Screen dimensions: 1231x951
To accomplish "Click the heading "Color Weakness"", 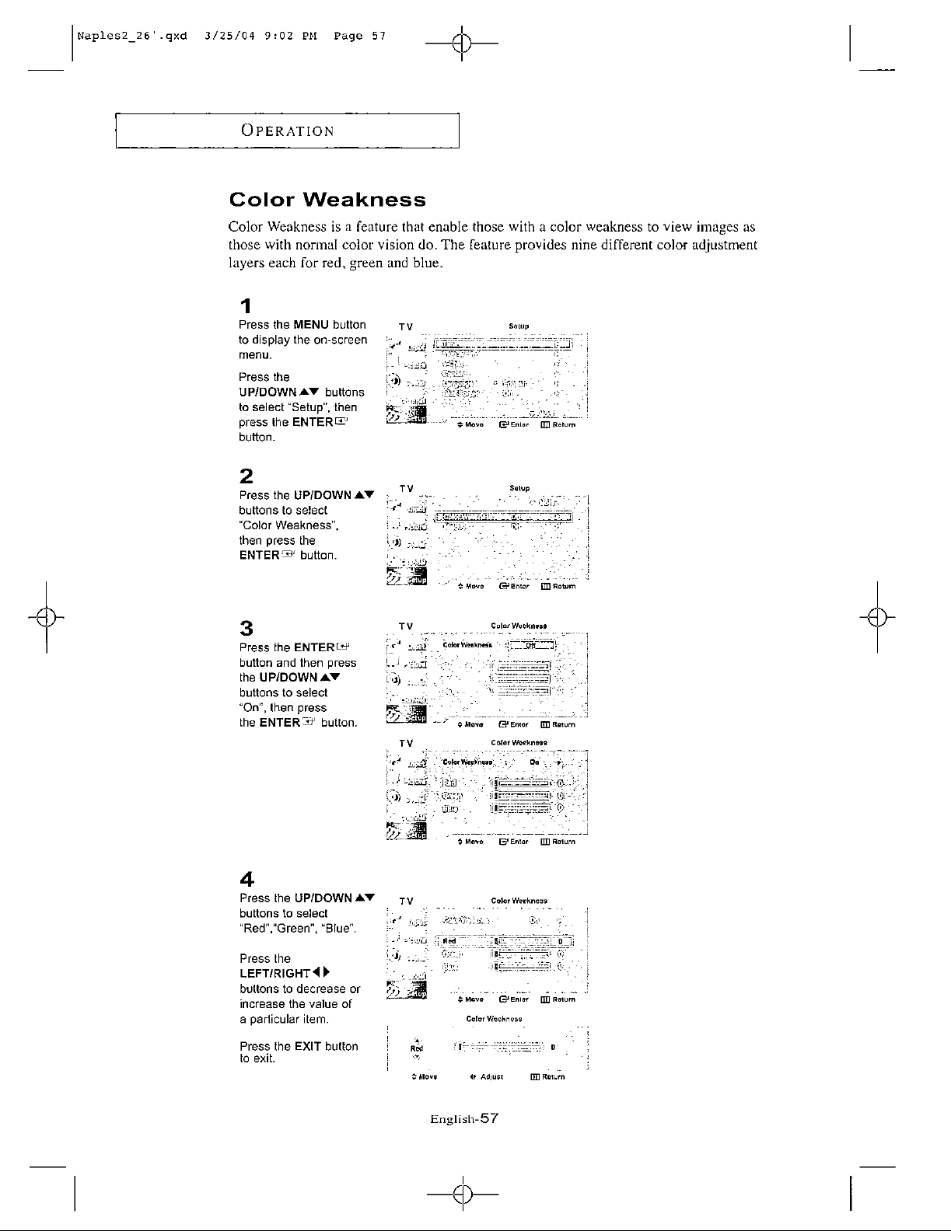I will point(327,201).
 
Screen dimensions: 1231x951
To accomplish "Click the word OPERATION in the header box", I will point(286,131).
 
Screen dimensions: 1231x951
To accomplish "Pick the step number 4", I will point(246,880).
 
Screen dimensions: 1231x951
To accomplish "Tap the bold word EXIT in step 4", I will point(309,1046).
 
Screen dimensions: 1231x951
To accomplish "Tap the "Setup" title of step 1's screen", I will point(519,326).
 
